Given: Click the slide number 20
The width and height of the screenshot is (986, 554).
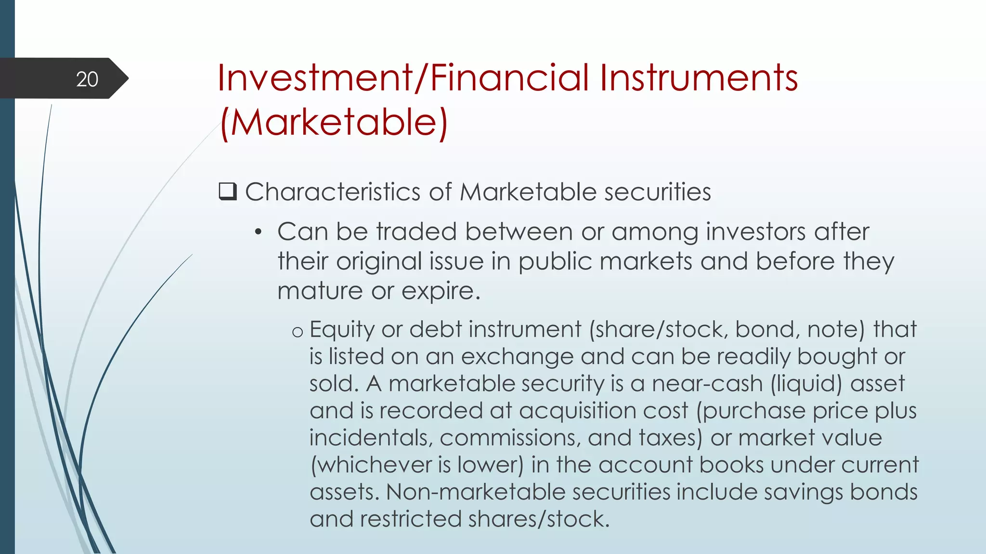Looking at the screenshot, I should (87, 79).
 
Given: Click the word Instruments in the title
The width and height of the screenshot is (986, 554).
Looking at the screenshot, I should (699, 78).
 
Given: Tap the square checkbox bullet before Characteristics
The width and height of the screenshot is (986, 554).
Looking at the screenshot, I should (228, 192).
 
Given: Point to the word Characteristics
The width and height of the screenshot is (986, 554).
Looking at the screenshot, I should (333, 192).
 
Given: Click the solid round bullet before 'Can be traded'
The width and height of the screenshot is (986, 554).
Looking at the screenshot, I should (259, 233).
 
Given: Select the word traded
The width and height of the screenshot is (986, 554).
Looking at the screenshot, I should (415, 232).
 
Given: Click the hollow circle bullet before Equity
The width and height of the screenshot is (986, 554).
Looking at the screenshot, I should (298, 332).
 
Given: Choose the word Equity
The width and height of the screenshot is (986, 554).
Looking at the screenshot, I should (342, 330).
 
